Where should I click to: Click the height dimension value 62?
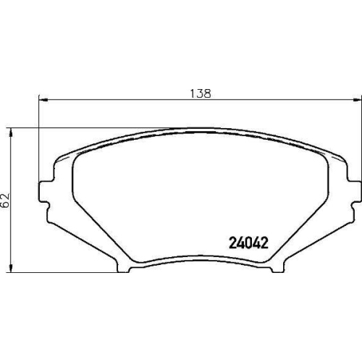[5, 201]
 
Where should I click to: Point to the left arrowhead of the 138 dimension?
[41, 99]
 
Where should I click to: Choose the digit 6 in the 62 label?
[5, 205]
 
